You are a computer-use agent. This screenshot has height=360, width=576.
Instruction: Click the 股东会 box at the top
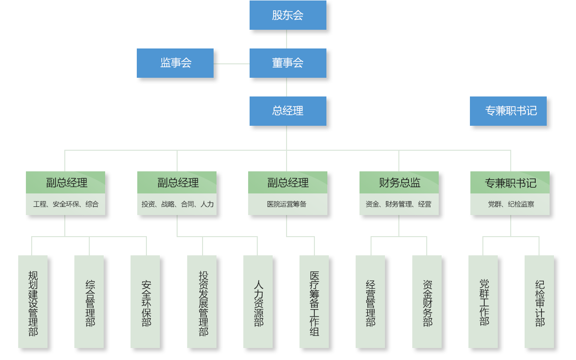(288, 15)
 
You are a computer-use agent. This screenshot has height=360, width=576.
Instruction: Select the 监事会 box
(175, 63)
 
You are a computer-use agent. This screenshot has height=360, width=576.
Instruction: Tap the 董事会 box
(288, 63)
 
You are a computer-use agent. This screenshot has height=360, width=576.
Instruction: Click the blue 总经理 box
(288, 111)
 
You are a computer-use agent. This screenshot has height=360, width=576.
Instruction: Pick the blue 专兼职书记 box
(508, 111)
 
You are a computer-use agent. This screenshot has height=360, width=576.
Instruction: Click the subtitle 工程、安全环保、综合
(66, 204)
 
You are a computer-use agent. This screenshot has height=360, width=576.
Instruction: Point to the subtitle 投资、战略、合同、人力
(177, 204)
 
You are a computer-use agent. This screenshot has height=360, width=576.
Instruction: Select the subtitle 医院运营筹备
(287, 204)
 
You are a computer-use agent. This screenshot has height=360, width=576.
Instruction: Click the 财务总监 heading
(399, 183)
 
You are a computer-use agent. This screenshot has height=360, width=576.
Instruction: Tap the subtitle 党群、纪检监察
(511, 204)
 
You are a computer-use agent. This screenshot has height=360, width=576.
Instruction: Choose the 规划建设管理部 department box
(33, 301)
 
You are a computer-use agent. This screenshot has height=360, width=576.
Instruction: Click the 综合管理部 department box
(90, 301)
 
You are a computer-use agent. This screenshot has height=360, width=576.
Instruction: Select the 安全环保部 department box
(146, 301)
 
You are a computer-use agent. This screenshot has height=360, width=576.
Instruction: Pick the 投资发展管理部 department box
(203, 301)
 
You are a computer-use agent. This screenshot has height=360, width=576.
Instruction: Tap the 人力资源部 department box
(258, 301)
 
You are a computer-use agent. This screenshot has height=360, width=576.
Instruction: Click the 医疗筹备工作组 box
(314, 301)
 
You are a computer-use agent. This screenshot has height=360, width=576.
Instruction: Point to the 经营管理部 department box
(371, 301)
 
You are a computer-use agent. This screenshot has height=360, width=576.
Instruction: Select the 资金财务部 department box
(427, 301)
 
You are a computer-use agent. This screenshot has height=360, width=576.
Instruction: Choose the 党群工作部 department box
(483, 301)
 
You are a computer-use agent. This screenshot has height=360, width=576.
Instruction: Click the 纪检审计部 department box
(540, 301)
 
